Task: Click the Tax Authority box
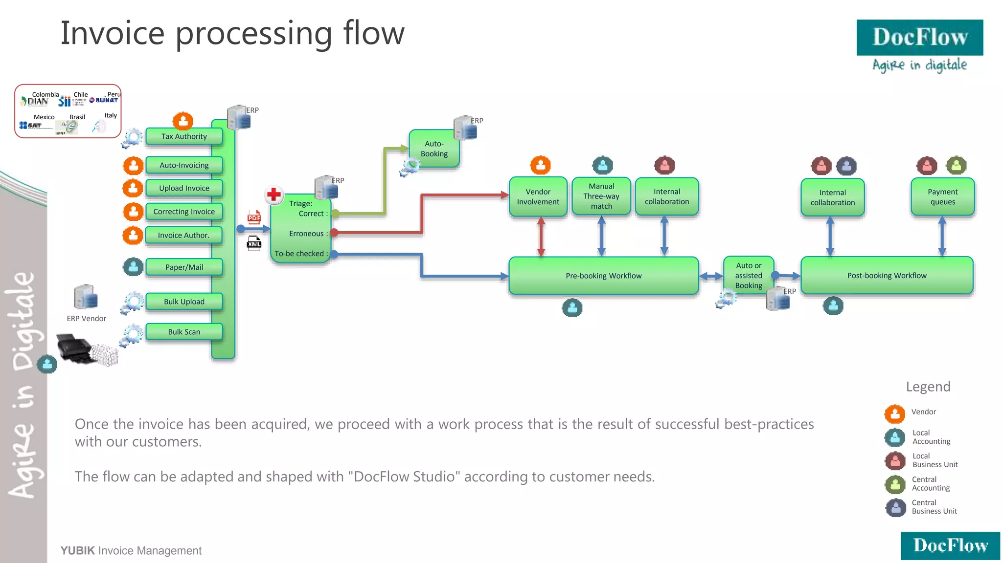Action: click(184, 136)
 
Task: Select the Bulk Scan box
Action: click(184, 332)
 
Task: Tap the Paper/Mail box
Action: click(184, 267)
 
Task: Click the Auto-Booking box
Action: click(433, 149)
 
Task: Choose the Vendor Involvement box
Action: click(538, 197)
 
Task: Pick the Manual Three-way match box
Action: click(601, 196)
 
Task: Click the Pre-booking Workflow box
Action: click(603, 276)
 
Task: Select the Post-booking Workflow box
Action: click(887, 276)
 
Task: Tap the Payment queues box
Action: click(942, 197)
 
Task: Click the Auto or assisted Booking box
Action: click(748, 276)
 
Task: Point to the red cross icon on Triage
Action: click(274, 195)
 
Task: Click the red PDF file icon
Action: click(254, 217)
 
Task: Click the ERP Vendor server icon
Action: click(86, 297)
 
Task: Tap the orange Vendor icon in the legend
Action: click(895, 414)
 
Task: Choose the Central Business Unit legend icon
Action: click(895, 507)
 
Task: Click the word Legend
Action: click(928, 387)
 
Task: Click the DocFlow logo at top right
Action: click(919, 38)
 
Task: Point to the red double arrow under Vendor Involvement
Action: click(541, 237)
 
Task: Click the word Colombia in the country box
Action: click(46, 94)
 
